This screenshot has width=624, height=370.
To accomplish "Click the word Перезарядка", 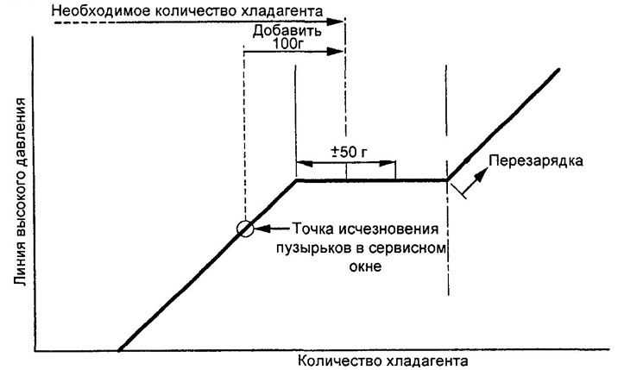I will tap(533, 160).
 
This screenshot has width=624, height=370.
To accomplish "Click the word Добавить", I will tap(286, 29).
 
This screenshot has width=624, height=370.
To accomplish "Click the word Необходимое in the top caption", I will tap(98, 11).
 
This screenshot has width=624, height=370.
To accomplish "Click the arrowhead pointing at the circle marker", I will tap(261, 229).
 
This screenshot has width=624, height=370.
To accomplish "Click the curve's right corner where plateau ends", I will tap(448, 180).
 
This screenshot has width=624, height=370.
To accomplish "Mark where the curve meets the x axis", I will tap(119, 350).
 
